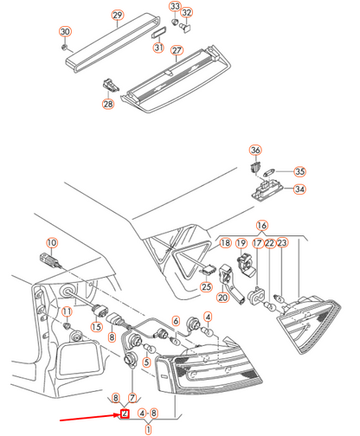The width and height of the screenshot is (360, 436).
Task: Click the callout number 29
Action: coord(118,15)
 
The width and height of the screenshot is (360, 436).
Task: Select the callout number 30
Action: coord(65,31)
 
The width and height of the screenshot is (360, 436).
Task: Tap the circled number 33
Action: coord(175,6)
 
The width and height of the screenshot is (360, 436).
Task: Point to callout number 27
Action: coord(177,50)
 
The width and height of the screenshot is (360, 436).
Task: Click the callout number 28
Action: coord(108,104)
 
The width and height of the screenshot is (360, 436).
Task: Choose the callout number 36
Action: coord(255,150)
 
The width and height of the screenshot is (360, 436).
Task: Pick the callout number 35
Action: coord(299,171)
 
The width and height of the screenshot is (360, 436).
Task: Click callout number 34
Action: coord(299,189)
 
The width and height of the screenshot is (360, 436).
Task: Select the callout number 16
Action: coord(262,226)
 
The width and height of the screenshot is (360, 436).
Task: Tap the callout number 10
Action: coord(52,243)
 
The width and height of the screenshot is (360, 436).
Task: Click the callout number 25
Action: coord(206,286)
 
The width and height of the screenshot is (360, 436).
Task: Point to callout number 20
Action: coord(222,297)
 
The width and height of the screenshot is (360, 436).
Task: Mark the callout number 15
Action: coord(96,327)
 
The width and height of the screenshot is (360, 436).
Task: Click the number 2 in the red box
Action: coord(125,414)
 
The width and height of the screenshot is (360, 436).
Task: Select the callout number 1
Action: coord(148,430)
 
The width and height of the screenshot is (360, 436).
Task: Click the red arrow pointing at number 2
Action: coord(90,418)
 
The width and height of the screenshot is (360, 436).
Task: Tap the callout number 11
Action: coord(67,311)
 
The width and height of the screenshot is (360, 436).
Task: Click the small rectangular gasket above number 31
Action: coord(158,33)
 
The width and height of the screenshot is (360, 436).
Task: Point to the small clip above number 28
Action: coord(111,84)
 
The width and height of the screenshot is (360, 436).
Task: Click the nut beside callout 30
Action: coord(65,47)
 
